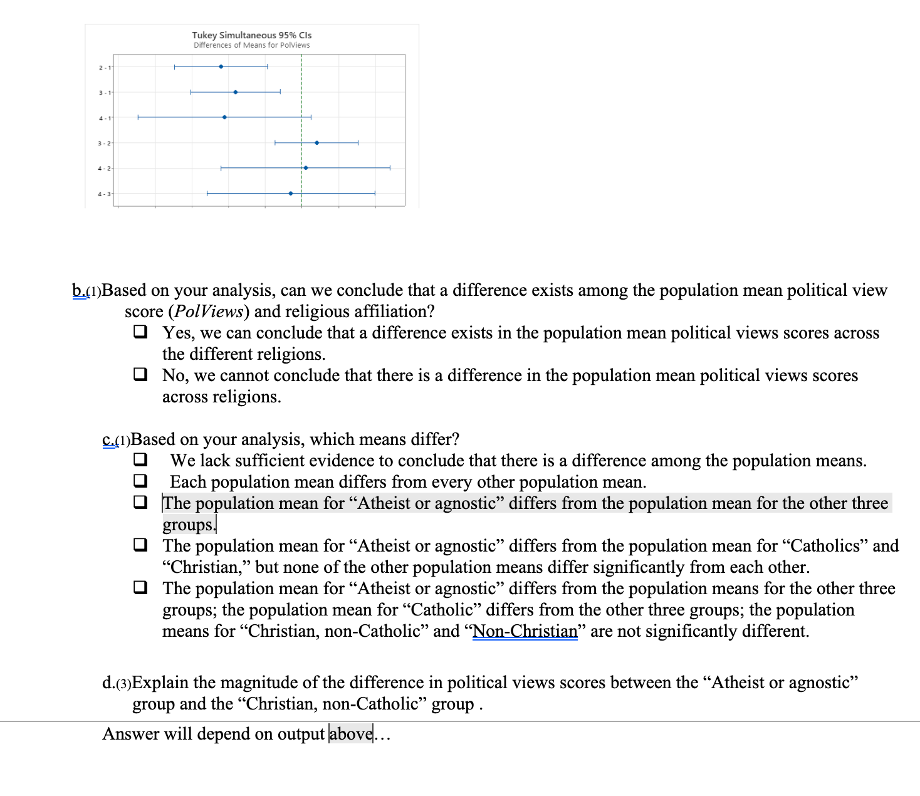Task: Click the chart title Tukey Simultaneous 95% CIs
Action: (x=251, y=35)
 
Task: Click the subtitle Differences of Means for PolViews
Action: (x=251, y=45)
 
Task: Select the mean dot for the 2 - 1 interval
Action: (x=221, y=66)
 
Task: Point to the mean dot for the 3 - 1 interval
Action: (x=236, y=92)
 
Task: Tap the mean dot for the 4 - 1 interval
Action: (x=224, y=117)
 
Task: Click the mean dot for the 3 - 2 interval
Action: (x=316, y=143)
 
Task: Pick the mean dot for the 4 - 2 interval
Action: (x=305, y=168)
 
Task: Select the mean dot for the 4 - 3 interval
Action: (x=290, y=194)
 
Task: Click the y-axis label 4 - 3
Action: (x=104, y=194)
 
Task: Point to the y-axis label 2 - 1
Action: (x=104, y=68)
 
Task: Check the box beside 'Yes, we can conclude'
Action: (x=140, y=332)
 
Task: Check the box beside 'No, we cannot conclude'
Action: (x=140, y=374)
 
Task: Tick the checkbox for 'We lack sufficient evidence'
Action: (x=140, y=459)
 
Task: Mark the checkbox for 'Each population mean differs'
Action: (x=140, y=481)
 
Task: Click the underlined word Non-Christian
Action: (x=525, y=631)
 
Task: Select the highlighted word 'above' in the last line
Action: (x=351, y=733)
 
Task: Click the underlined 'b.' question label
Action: (x=78, y=291)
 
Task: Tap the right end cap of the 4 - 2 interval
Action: (x=390, y=168)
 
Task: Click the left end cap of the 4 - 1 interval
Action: (x=138, y=117)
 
